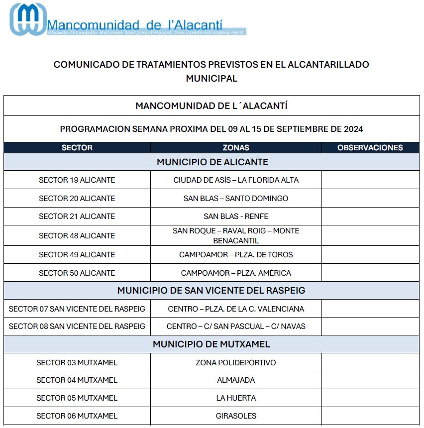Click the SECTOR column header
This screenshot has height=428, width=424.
coord(77,148)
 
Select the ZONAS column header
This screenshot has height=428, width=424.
coord(236,148)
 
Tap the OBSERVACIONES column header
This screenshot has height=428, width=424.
coord(370,148)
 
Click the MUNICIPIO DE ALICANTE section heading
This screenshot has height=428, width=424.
coord(212,162)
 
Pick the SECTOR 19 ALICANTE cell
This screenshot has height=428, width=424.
coord(77,180)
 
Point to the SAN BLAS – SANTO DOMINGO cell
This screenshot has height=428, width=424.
coord(236,199)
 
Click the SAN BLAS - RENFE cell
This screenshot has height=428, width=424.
coord(236,216)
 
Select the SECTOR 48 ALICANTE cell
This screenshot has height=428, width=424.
coord(77,235)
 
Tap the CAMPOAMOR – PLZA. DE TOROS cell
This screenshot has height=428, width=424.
coord(236,255)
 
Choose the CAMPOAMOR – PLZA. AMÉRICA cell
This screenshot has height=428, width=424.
coord(236,273)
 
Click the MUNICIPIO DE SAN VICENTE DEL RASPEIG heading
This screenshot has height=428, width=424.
coord(212,290)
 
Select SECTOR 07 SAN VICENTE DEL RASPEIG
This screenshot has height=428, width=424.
coord(77,309)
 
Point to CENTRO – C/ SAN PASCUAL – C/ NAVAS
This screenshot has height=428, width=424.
coord(236,326)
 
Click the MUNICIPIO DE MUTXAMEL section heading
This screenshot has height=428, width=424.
coord(212,344)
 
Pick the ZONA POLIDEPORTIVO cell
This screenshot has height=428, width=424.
coord(236,363)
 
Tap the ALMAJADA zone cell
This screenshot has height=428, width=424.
coord(236,380)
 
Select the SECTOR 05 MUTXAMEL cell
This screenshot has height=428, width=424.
coord(77,398)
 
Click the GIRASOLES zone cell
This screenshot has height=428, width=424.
coord(236,416)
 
